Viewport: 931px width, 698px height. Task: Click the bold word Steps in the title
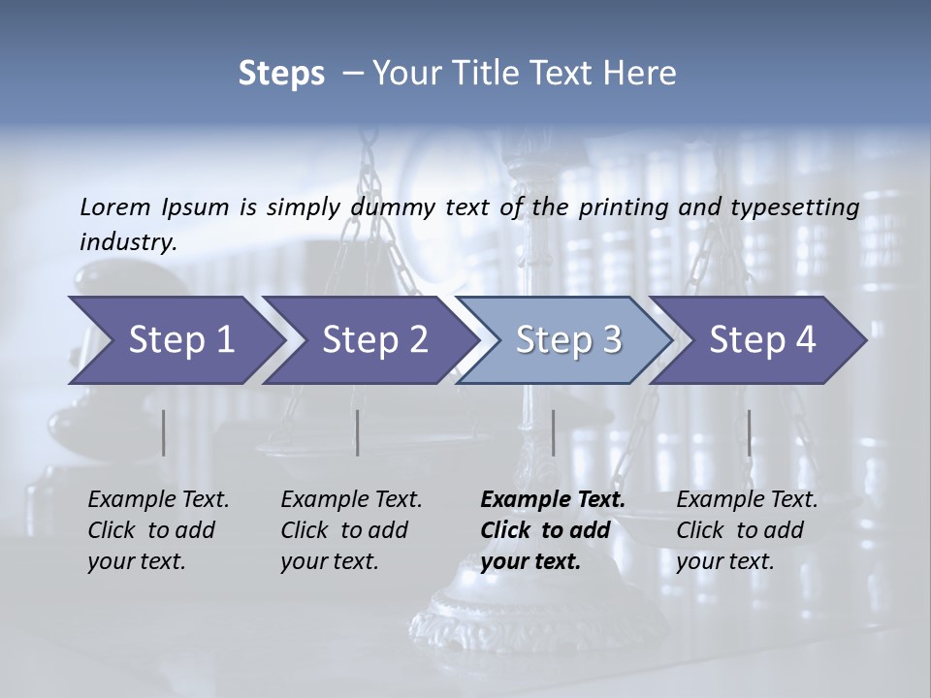tap(281, 74)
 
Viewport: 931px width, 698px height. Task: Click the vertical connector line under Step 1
tap(163, 432)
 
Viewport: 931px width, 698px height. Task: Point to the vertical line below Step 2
tap(358, 432)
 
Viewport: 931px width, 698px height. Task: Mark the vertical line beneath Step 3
tap(553, 432)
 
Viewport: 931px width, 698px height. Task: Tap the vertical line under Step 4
tap(749, 432)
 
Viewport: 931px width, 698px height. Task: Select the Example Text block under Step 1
tap(158, 530)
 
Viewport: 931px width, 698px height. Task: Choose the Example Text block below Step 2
tap(351, 530)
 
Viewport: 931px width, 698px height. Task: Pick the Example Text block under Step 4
tap(747, 530)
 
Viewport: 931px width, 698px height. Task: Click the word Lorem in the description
tap(114, 207)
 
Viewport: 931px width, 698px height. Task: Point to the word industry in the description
tap(127, 242)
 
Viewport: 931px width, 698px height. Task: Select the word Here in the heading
tap(643, 74)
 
